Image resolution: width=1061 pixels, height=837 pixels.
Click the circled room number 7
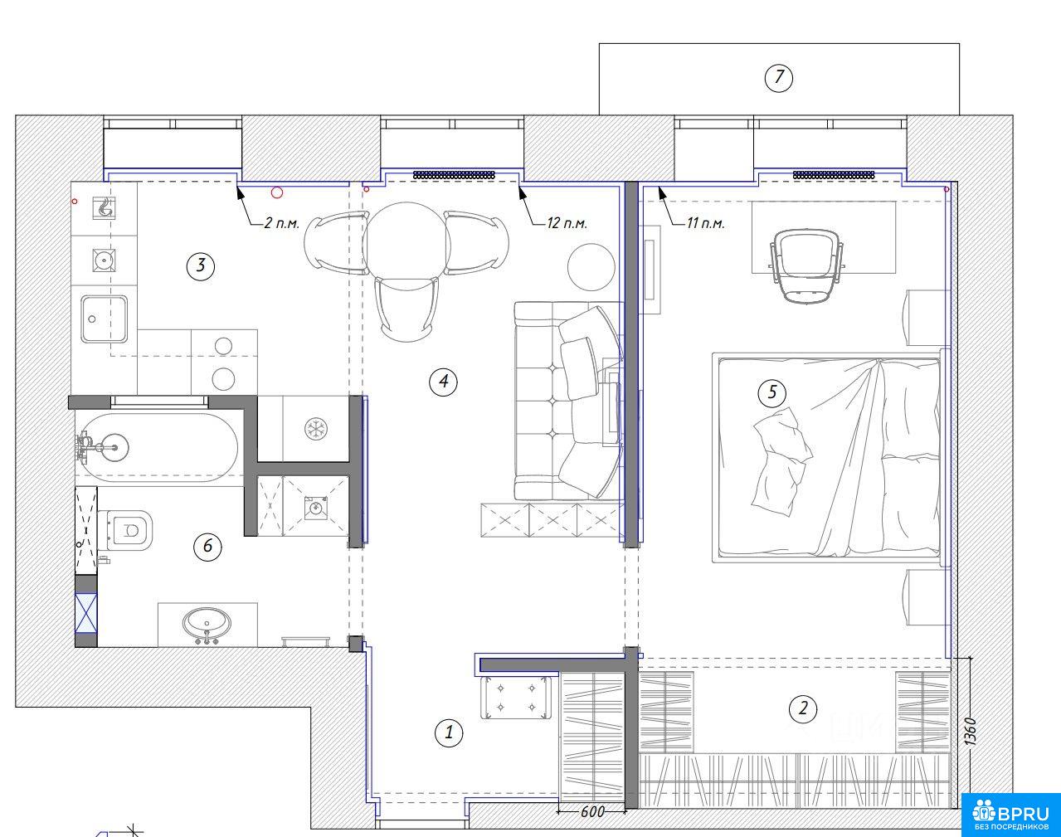778,77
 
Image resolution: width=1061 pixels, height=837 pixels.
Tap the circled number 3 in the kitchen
200,265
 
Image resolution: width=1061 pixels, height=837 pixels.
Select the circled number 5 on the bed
772,392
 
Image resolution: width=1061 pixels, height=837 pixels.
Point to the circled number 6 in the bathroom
207,547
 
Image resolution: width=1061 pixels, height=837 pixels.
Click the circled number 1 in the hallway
449,732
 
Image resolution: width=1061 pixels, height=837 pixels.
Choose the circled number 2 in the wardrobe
803,708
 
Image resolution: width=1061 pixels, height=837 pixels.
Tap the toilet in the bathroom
125,531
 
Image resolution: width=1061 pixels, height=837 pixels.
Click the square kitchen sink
104,319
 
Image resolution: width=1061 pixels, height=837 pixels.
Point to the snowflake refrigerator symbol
315,429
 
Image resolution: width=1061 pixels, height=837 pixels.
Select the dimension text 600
592,811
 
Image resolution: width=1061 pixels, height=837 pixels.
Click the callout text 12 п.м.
567,223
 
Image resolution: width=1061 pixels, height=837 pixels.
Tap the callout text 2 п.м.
281,223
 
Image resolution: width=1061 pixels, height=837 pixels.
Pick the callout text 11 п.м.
706,223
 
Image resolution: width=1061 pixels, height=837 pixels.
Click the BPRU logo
1010,815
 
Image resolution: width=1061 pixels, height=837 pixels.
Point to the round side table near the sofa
591,268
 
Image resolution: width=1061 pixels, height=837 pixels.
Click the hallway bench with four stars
516,698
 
